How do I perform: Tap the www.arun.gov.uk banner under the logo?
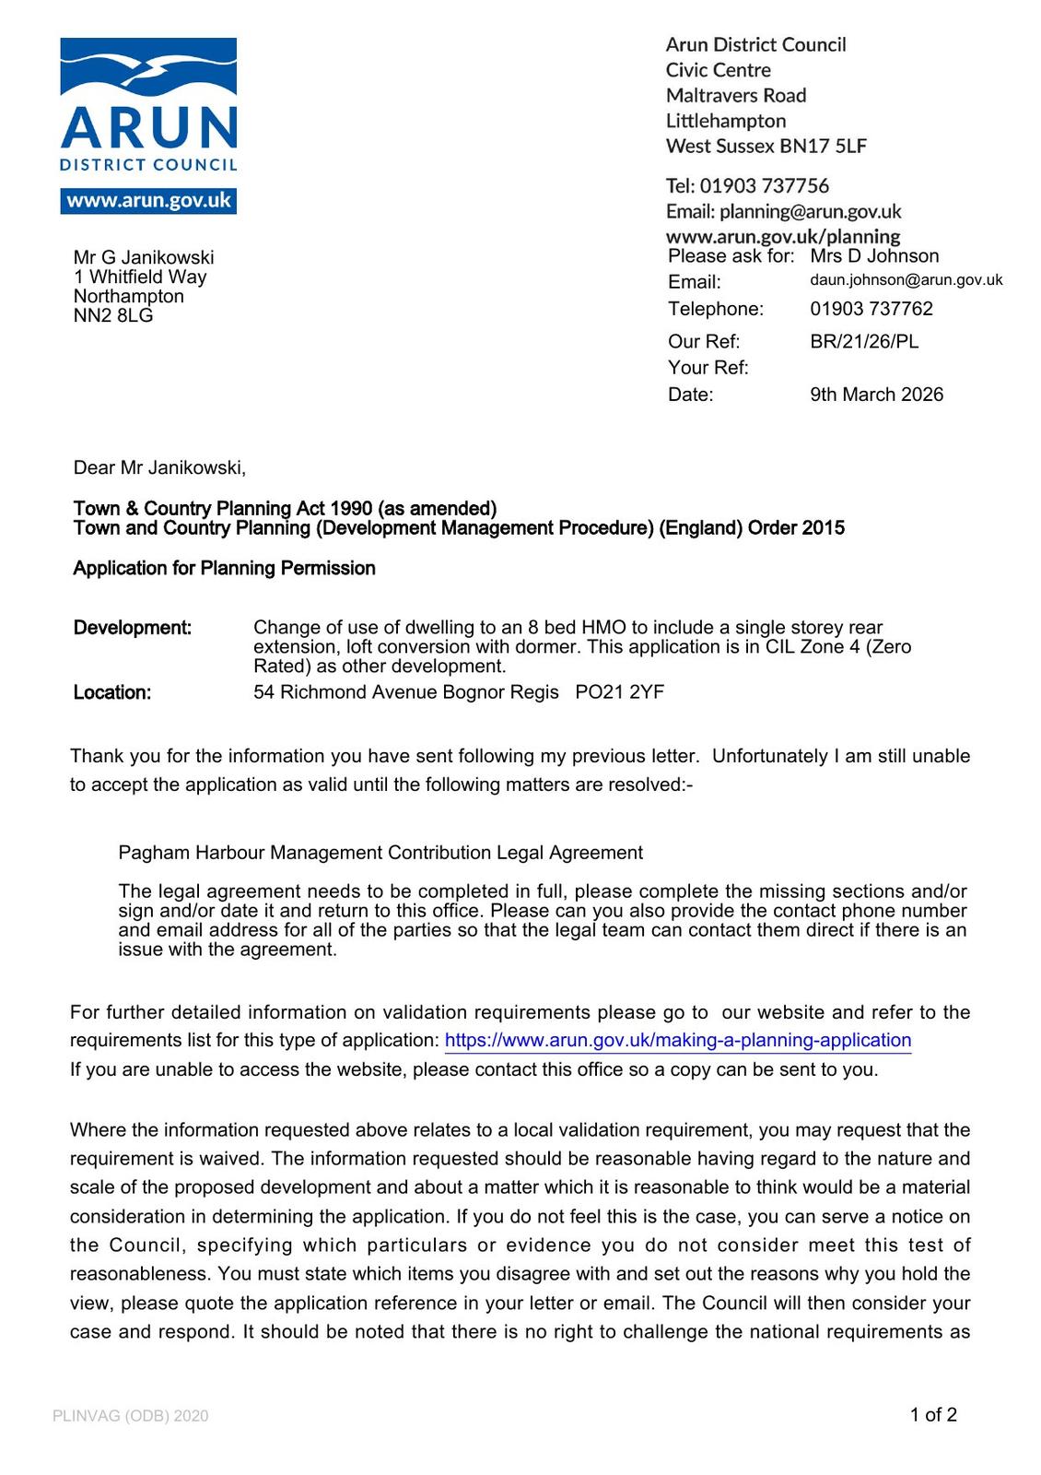point(148,201)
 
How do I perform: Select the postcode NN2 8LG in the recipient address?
point(113,316)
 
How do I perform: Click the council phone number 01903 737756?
point(764,186)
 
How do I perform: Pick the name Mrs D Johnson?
point(874,256)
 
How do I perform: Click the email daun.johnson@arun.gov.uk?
point(906,280)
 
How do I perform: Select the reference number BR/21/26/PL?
point(864,342)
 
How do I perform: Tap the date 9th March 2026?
point(876,395)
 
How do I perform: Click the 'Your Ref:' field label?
point(708,368)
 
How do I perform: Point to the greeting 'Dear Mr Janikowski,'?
point(159,468)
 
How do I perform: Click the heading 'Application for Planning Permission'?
point(224,569)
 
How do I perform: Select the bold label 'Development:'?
point(133,629)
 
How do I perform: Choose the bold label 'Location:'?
point(112,693)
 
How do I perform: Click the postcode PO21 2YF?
point(619,692)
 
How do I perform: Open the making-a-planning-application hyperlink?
point(677,1041)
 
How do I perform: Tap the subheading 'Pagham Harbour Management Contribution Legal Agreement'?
point(380,853)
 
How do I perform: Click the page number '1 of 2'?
point(933,1415)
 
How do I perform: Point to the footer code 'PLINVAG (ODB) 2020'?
point(131,1416)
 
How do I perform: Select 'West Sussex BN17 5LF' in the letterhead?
point(766,147)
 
